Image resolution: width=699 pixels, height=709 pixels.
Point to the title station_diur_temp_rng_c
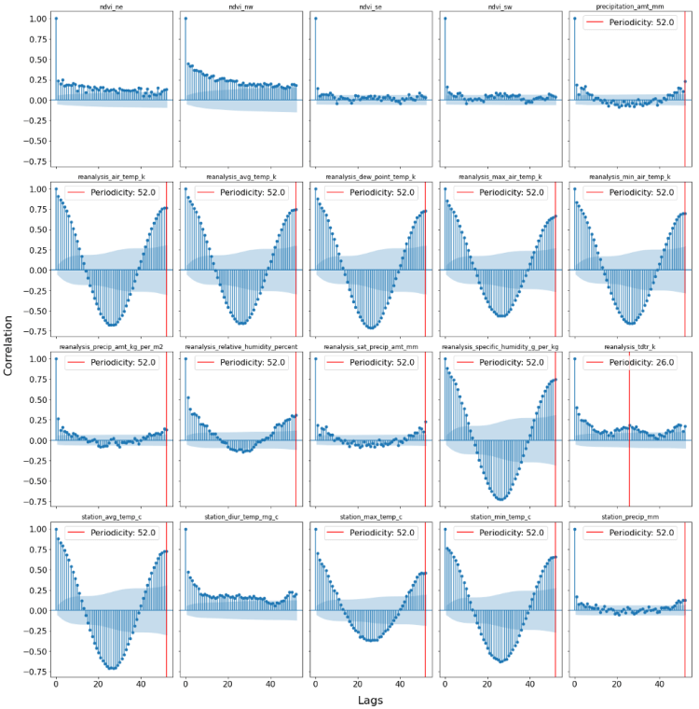(240, 517)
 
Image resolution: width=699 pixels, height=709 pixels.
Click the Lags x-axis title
(370, 700)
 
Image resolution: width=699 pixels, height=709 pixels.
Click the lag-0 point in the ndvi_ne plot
(56, 19)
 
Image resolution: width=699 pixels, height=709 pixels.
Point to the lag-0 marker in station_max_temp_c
(315, 529)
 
